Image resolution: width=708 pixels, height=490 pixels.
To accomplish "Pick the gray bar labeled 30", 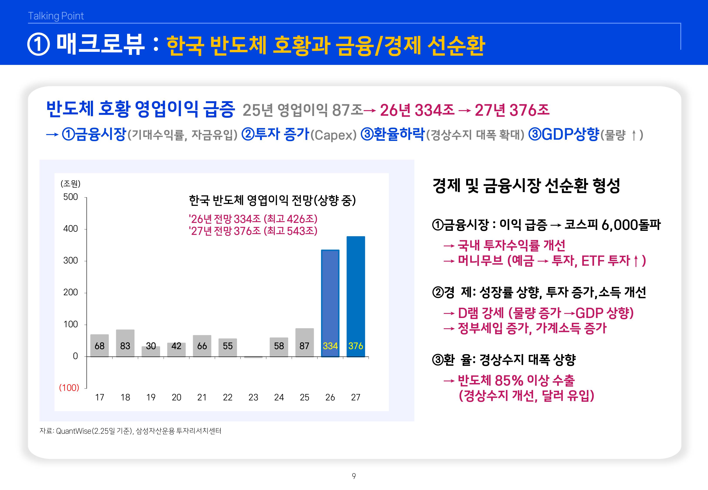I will pos(151,351).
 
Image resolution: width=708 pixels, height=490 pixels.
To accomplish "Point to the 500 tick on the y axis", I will pos(71,197).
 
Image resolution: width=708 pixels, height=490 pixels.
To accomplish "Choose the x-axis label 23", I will pos(253,397).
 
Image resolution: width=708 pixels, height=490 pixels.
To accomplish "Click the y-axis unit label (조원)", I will pos(70,184).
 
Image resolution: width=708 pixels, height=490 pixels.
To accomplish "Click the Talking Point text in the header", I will pos(56,16).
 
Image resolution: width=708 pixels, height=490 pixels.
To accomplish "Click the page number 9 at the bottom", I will pos(354,476).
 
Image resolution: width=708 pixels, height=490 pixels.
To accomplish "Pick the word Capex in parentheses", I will pos(334,135).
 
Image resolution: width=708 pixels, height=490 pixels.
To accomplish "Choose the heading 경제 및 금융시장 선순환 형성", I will pos(526,186).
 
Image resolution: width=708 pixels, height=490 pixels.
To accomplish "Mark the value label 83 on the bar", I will pos(125,346).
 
